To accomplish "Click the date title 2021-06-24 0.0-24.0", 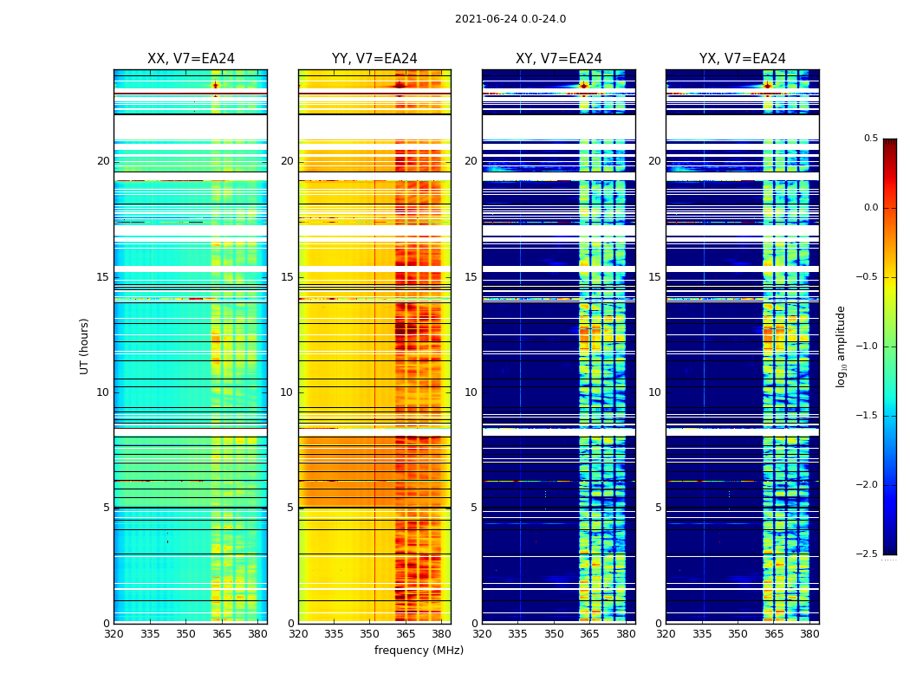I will point(510,19).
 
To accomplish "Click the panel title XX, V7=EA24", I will point(191,59).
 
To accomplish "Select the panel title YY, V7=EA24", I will point(374,59).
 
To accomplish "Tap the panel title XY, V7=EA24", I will point(558,59).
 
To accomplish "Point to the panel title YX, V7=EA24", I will point(742,59).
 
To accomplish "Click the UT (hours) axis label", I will point(84,346).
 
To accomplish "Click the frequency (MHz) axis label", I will point(419,651).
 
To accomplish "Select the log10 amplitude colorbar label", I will point(841,346).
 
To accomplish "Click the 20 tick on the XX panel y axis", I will point(103,161).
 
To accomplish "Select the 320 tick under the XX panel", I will point(114,633).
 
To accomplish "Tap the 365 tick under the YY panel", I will point(406,633).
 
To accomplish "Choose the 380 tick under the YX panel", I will point(809,633).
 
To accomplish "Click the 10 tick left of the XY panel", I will point(471,392).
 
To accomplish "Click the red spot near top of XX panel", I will point(215,85).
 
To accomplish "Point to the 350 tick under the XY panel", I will point(554,633).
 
